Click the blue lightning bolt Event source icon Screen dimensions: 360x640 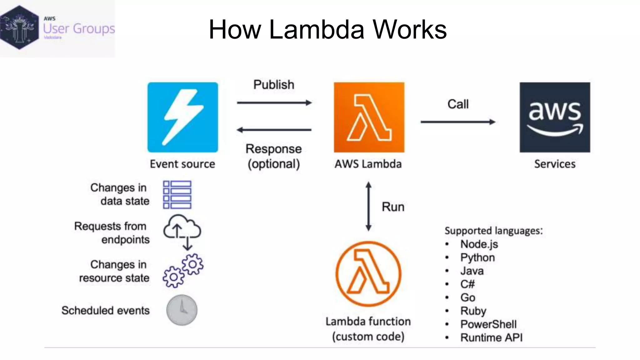point(183,117)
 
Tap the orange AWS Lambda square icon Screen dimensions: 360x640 point(369,117)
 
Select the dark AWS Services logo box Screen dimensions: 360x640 point(555,117)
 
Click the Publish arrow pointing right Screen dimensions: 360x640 point(274,102)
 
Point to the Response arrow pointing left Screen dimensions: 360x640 point(274,130)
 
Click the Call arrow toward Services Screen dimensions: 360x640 point(458,122)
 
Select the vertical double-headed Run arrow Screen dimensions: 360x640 point(368,206)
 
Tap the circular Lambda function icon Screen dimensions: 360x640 point(368,273)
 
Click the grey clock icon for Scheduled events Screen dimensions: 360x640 point(182,310)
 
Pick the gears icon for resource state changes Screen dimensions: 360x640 point(183,271)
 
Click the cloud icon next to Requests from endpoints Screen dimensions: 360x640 point(182,231)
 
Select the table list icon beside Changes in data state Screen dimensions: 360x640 point(177,194)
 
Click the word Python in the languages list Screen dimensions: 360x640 point(477,257)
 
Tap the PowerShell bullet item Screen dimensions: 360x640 point(488,324)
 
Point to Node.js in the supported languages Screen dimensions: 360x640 point(479,244)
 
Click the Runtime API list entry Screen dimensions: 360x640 point(491,337)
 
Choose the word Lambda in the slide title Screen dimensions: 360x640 point(317,30)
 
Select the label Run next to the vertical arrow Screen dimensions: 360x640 point(393,207)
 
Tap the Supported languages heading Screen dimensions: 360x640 point(493,231)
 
